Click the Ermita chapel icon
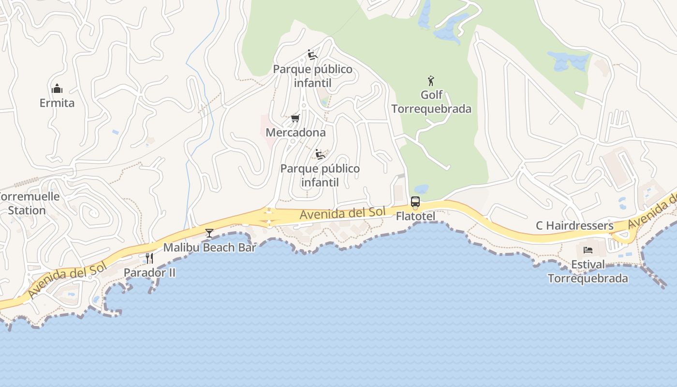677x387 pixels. pos(57,89)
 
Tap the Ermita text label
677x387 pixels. pos(57,103)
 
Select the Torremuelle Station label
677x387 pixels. pos(28,203)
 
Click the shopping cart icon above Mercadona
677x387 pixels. pos(295,119)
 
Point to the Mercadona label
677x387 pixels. pos(295,133)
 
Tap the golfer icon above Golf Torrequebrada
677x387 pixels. pos(431,81)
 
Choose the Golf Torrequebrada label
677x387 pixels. pos(431,102)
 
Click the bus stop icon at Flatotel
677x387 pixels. pos(415,202)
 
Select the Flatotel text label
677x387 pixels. pos(415,216)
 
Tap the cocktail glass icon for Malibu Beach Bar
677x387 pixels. pos(209,233)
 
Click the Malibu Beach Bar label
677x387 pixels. pos(209,248)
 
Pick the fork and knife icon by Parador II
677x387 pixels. pos(149,258)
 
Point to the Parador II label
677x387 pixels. pos(149,273)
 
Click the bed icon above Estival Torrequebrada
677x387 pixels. pos(588,250)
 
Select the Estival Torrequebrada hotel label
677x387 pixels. pos(588,271)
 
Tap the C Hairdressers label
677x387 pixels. pos(574,226)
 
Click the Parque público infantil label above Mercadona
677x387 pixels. pos(313,76)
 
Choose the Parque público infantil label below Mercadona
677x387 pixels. pos(320,176)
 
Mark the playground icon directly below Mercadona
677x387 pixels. pos(320,154)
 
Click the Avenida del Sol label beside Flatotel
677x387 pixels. pos(342,213)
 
